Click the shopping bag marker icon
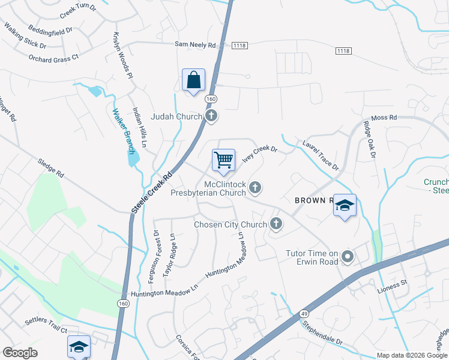coord(193,80)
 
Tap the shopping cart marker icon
coord(223,160)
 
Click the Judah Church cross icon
coord(211,116)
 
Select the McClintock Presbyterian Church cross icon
coord(255,188)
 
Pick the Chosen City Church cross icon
coord(276,224)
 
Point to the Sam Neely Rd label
coord(195,44)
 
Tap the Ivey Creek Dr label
coord(259,154)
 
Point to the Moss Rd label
coord(384,118)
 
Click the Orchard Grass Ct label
coord(53,58)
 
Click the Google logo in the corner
coord(20,353)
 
